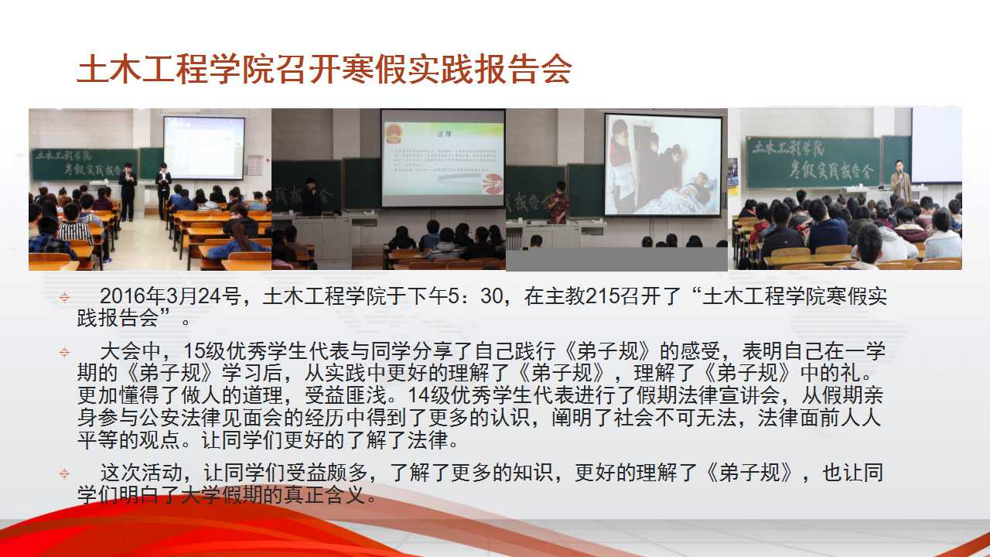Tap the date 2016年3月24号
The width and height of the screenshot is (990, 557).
coord(170,296)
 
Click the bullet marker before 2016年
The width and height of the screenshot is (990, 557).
coord(64,297)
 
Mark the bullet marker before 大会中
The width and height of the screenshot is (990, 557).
coord(64,352)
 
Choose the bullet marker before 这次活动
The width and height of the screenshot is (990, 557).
coord(64,474)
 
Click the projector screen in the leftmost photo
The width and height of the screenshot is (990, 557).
coord(204,148)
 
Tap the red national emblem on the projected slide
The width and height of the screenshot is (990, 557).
coord(393,133)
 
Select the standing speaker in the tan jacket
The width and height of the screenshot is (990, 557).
coord(900,182)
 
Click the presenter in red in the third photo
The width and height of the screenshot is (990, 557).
coord(558,203)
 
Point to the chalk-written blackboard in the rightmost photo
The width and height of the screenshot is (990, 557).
coord(813,162)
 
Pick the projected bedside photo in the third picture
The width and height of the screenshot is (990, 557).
coord(663,165)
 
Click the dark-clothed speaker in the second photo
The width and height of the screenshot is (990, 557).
coord(312,196)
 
